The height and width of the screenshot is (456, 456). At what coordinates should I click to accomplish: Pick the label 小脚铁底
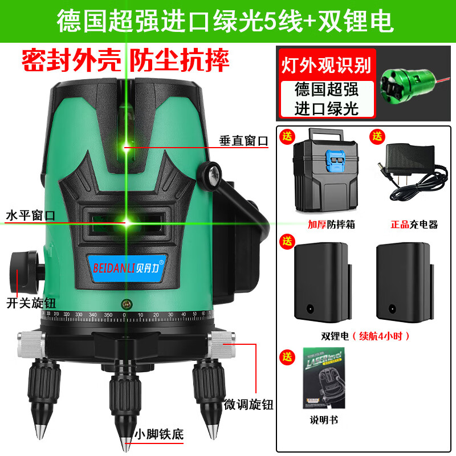pos(161,434)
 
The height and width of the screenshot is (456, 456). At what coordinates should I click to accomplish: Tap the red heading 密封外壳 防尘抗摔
pos(125,60)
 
